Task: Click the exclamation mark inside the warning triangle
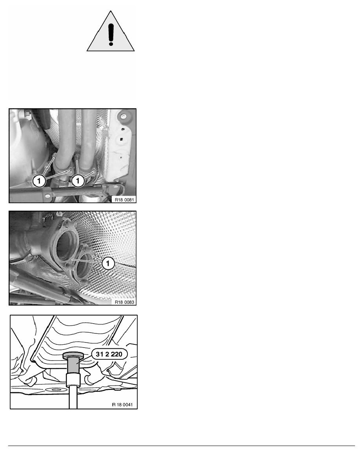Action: (x=111, y=35)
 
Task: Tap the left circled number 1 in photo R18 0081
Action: (x=39, y=181)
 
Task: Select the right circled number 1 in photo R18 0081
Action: (x=78, y=181)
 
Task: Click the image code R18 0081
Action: (x=124, y=200)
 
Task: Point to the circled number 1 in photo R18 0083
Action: (x=108, y=263)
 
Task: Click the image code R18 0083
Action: (x=124, y=302)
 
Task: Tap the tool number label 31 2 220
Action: (x=109, y=354)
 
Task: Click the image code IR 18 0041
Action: (x=122, y=404)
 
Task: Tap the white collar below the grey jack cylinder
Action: (x=73, y=380)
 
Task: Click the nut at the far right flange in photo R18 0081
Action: (x=94, y=169)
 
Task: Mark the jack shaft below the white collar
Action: (x=73, y=398)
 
